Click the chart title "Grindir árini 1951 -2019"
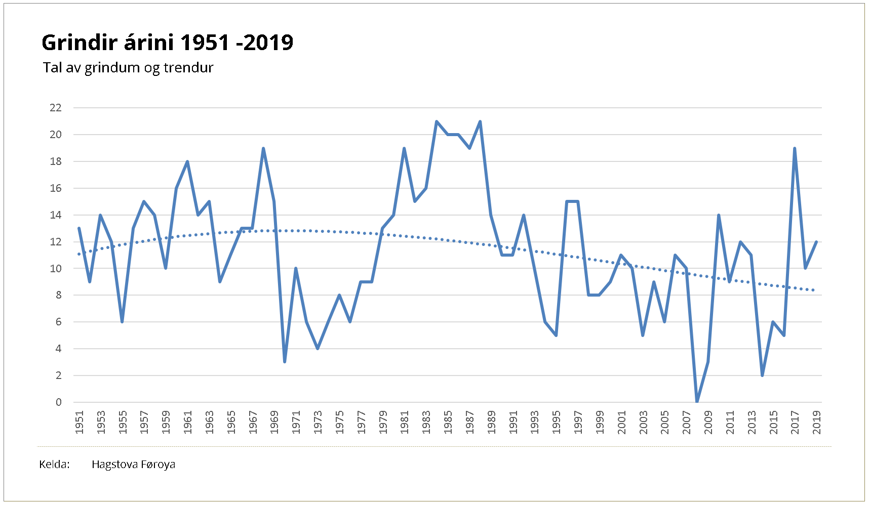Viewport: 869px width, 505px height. (x=167, y=43)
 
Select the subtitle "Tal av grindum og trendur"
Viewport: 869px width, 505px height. (x=128, y=68)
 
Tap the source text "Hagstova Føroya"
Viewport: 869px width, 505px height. (x=133, y=465)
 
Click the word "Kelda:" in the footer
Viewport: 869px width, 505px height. (x=54, y=465)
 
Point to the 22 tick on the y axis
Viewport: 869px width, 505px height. (x=56, y=108)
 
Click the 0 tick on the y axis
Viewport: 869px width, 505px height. (x=59, y=402)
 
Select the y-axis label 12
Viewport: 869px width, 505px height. (x=56, y=242)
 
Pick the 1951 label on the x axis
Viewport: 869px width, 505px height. (x=80, y=422)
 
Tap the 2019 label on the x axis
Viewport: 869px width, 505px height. (x=816, y=422)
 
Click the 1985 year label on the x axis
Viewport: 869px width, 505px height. (x=448, y=422)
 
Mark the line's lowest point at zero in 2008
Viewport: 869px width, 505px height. (x=697, y=402)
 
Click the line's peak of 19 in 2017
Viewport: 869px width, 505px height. (x=795, y=148)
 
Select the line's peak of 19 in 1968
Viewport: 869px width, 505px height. (x=263, y=148)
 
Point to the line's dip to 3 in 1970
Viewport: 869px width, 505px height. (x=285, y=362)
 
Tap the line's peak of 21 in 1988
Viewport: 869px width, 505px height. (x=480, y=121)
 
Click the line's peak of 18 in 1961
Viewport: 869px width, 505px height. (x=187, y=161)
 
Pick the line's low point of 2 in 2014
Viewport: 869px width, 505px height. (x=762, y=375)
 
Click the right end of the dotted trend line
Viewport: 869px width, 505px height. (x=813, y=290)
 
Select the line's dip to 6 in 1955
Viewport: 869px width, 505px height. (x=122, y=322)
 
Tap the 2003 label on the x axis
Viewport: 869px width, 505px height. (x=643, y=422)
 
